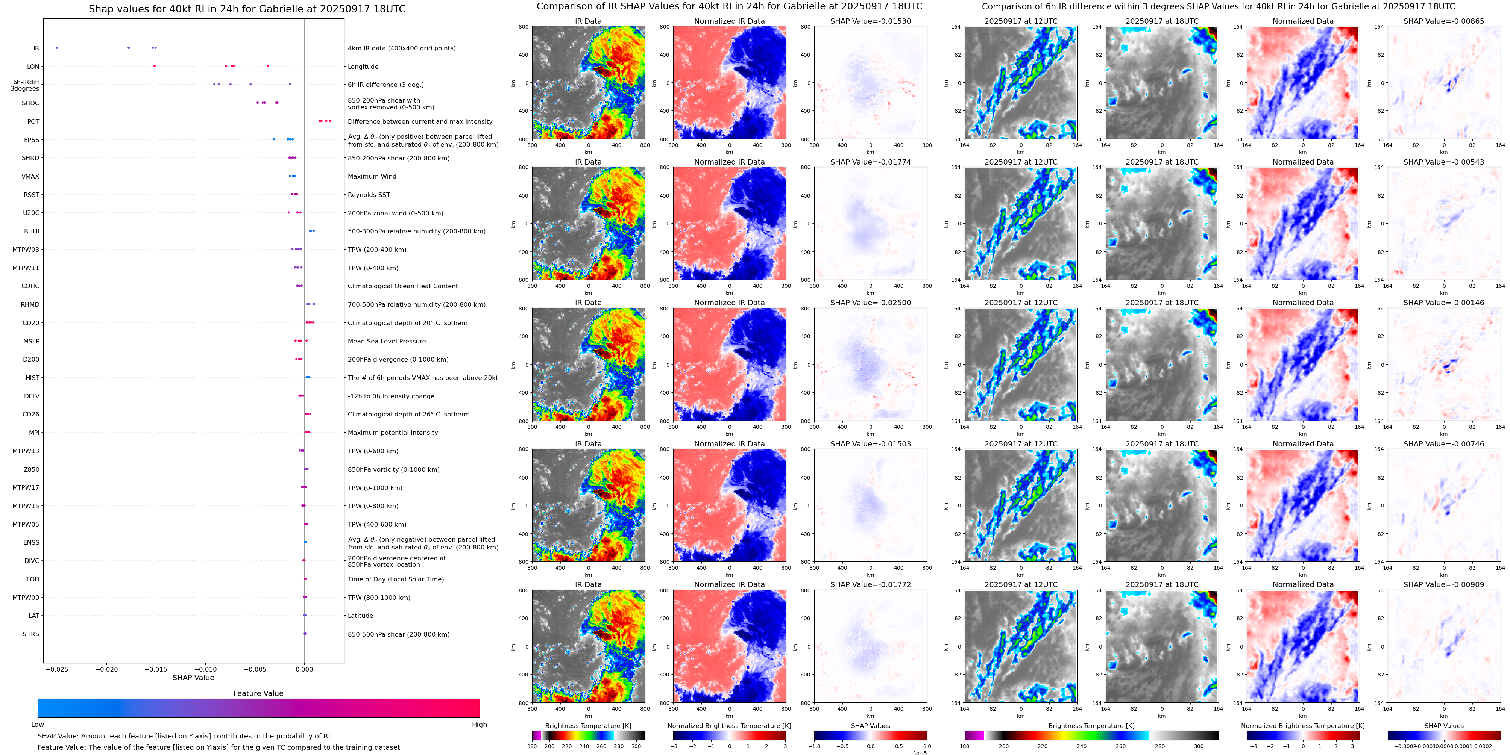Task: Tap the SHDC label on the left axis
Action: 30,103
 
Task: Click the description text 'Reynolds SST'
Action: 369,194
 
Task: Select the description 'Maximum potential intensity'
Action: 393,433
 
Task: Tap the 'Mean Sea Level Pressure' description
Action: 387,341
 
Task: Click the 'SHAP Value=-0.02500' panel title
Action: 871,303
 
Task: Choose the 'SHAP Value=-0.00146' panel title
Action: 1444,303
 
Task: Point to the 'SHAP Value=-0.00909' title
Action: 1444,584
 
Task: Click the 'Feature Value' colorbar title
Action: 258,693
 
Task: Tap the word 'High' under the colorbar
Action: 480,725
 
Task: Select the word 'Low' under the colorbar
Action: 38,725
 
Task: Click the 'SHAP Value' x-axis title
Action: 193,678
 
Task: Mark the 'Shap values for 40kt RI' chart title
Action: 247,9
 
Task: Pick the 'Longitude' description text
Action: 363,67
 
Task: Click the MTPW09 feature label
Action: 26,598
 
